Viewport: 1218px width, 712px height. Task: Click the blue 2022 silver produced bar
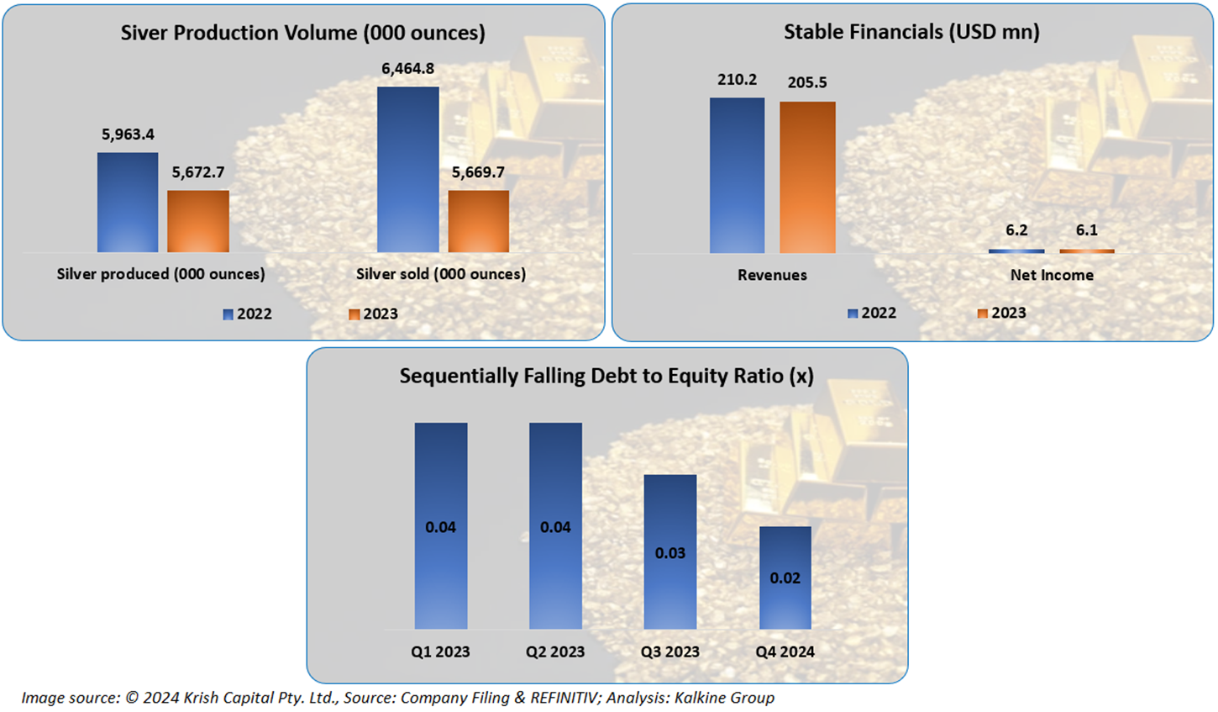click(128, 203)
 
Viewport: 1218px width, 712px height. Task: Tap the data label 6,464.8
click(408, 68)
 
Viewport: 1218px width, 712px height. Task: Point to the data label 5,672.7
click(198, 172)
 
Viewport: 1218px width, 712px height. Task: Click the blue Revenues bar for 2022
click(737, 176)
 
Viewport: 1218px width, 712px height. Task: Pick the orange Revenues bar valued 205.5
click(807, 177)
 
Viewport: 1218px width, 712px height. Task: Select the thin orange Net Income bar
click(1087, 251)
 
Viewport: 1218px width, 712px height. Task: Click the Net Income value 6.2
click(1016, 229)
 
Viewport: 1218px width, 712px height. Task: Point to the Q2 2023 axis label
click(555, 651)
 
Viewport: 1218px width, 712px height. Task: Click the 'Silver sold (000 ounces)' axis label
click(441, 274)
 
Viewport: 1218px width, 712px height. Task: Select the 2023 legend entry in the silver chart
click(374, 314)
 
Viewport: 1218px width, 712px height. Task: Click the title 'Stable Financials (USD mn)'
click(911, 32)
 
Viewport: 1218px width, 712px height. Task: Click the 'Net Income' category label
click(1052, 275)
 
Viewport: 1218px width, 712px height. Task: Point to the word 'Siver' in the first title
click(144, 33)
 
